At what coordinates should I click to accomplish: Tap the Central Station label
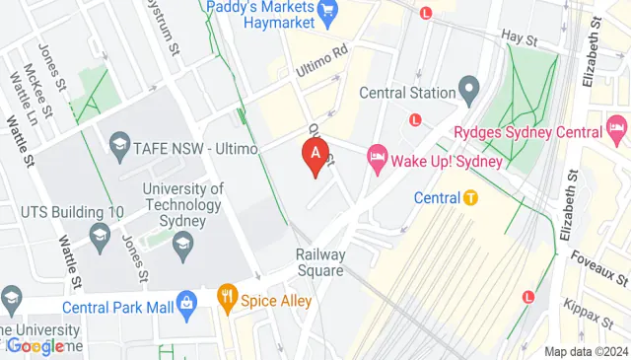tap(404, 94)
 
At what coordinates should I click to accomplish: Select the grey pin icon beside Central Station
tap(469, 93)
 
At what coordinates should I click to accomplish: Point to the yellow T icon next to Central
tap(471, 197)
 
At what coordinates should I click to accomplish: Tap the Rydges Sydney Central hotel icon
tap(618, 127)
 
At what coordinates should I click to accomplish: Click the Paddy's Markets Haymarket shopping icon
tap(329, 13)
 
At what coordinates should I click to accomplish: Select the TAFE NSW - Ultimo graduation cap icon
tap(119, 147)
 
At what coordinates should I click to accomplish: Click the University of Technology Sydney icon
tap(182, 243)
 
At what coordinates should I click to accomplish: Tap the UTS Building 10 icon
tap(99, 233)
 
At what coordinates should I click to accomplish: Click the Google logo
tap(35, 345)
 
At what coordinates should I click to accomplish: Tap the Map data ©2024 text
tap(587, 351)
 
